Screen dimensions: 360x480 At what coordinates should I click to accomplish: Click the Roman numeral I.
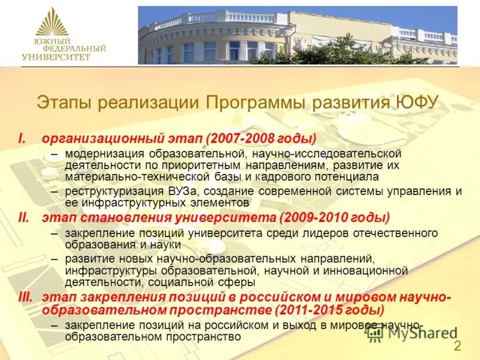[22, 139]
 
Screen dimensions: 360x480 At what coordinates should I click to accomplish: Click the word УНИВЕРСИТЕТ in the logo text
[56, 57]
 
